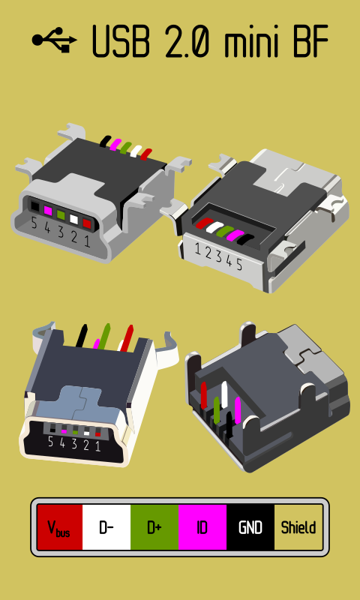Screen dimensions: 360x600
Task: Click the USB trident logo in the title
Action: pos(54,40)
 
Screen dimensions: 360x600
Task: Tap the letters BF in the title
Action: pos(310,41)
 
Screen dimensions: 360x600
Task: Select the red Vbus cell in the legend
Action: pos(60,527)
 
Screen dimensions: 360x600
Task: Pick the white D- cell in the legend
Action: pos(106,527)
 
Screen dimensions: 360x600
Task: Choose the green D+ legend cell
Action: pos(154,527)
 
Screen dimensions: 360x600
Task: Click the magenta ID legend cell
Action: pos(202,527)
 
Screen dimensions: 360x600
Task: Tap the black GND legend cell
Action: pos(250,527)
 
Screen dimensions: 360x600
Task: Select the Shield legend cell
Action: pos(298,527)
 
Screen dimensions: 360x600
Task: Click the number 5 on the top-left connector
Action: pos(34,222)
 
